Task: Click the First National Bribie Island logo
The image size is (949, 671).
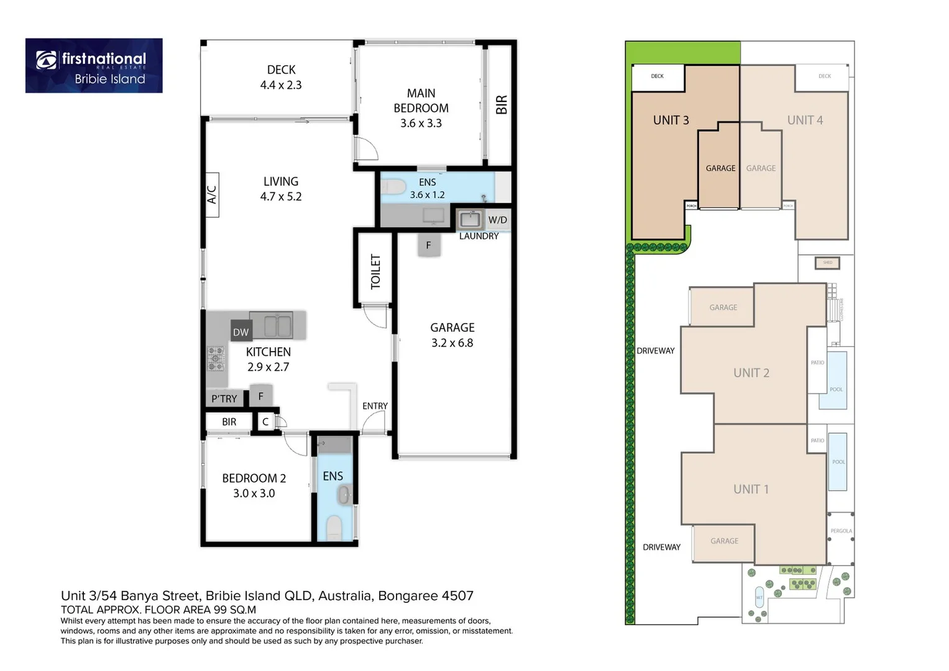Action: pyautogui.click(x=94, y=66)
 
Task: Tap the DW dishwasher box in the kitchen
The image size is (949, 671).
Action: pyautogui.click(x=241, y=332)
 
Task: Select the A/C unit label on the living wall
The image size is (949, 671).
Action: pyautogui.click(x=211, y=194)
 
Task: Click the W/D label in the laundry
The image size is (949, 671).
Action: pyautogui.click(x=497, y=220)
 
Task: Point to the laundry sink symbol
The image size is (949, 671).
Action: pyautogui.click(x=470, y=219)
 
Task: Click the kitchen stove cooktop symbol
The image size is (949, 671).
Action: pyautogui.click(x=216, y=358)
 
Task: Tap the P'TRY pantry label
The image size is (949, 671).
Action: pyautogui.click(x=224, y=399)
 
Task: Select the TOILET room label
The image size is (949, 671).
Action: pyautogui.click(x=375, y=272)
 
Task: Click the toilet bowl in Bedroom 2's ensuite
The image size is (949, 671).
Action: pyautogui.click(x=334, y=527)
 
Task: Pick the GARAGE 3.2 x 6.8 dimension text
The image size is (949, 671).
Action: pyautogui.click(x=452, y=343)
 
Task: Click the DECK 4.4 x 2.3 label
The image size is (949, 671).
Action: pyautogui.click(x=281, y=78)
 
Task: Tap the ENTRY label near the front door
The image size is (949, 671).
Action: pyautogui.click(x=375, y=406)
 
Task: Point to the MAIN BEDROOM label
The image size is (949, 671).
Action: pyautogui.click(x=421, y=101)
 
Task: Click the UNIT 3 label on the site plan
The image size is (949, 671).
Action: pyautogui.click(x=671, y=121)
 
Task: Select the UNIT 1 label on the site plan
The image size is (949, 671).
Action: pyautogui.click(x=751, y=489)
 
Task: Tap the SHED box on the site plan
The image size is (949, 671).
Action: pyautogui.click(x=827, y=263)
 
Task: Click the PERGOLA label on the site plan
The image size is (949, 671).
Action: pyautogui.click(x=841, y=531)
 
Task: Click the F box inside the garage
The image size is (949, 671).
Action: pyautogui.click(x=428, y=245)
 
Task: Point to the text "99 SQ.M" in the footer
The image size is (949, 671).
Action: pyautogui.click(x=234, y=610)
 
